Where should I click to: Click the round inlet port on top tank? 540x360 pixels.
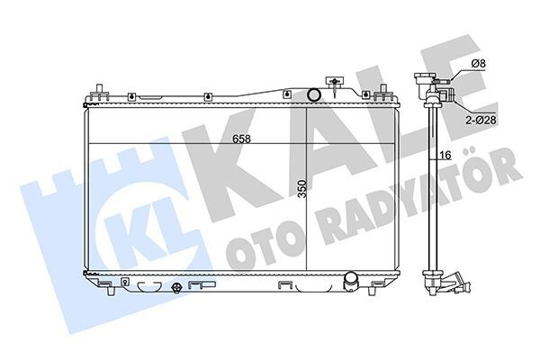click(313, 94)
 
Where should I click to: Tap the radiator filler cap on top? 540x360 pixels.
click(337, 84)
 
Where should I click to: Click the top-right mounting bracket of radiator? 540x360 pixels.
click(385, 94)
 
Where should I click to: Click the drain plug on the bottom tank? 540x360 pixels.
click(177, 288)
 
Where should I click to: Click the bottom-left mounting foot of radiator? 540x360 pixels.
click(107, 287)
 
